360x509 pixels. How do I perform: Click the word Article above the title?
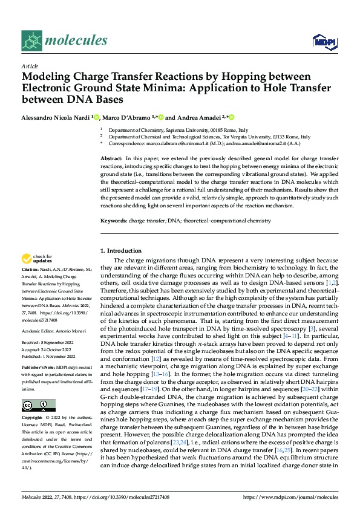point(30,66)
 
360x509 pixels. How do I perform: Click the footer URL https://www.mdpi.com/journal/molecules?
point(290,496)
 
